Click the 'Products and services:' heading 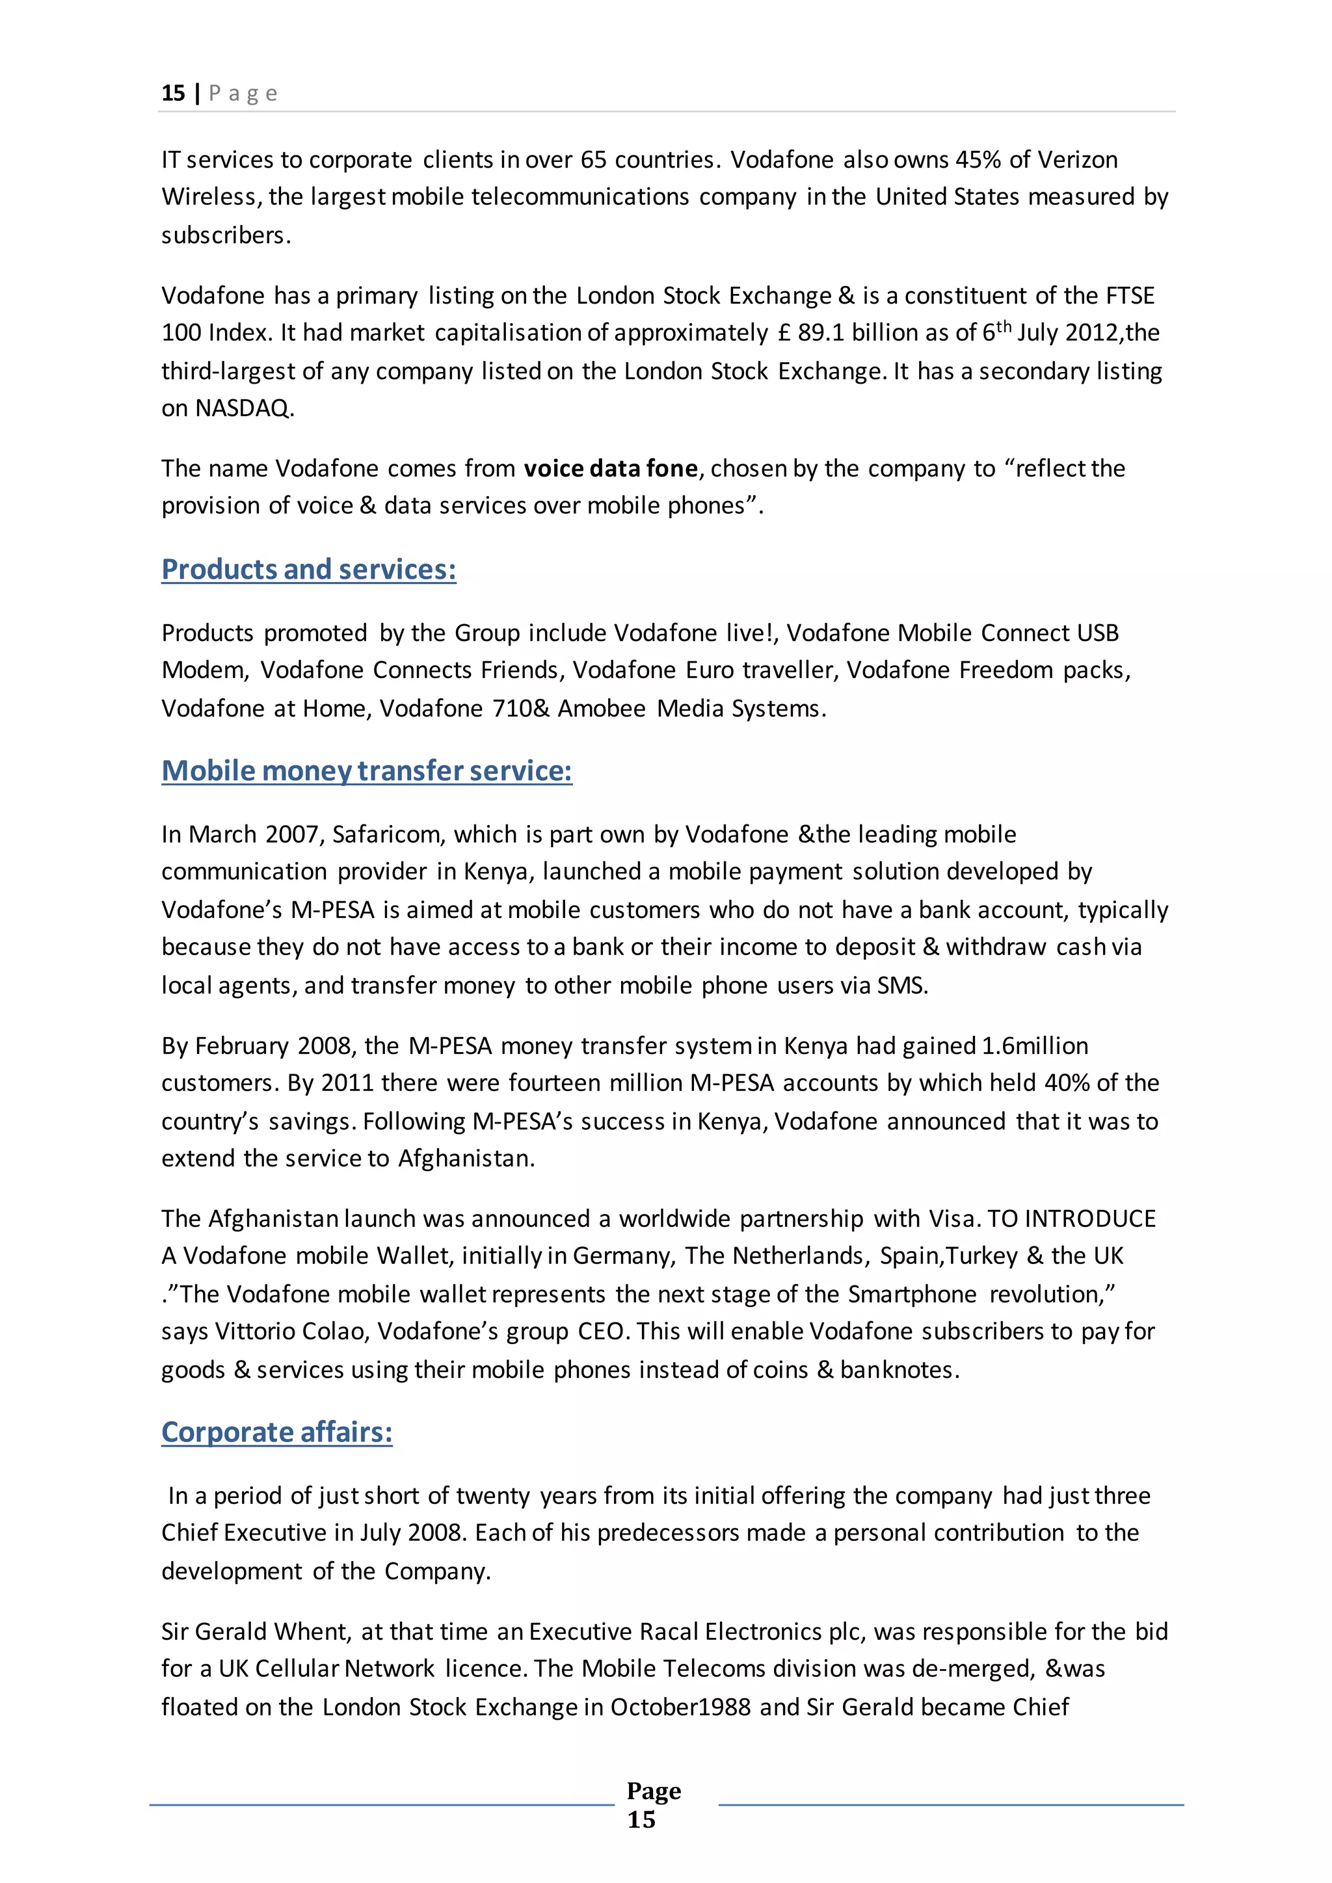coord(308,569)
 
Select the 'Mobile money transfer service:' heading coord(367,771)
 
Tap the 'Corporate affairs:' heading coord(276,1432)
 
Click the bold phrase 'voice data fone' coord(610,468)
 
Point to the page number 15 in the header coord(173,94)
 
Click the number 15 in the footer coord(641,1820)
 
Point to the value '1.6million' coord(1034,1046)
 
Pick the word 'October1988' coord(680,1707)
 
